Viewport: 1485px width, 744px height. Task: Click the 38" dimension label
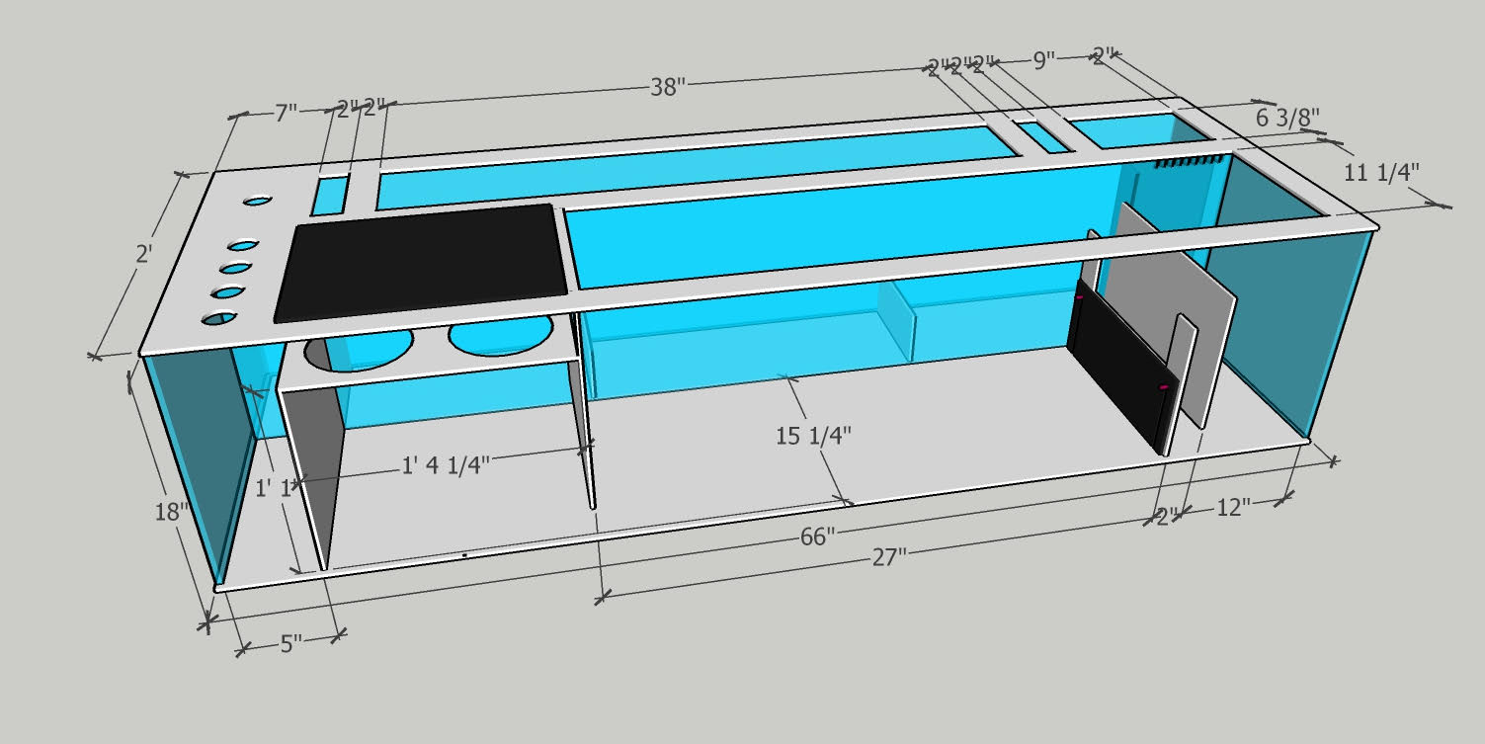pos(668,87)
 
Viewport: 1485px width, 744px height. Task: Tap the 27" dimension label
pos(888,557)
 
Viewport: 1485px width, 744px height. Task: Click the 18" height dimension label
pos(171,512)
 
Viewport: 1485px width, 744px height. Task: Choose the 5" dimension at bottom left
pos(290,644)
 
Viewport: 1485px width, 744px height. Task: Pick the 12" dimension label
pos(1233,507)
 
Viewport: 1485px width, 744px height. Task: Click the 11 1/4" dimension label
pos(1382,170)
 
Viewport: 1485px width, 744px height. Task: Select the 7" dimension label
pos(285,113)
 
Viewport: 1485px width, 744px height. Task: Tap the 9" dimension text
pos(1044,61)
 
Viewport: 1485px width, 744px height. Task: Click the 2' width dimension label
pos(143,254)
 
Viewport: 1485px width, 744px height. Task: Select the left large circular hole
pos(360,348)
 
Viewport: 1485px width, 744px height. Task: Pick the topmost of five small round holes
pos(257,202)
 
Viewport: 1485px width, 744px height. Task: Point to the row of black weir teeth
pos(1191,160)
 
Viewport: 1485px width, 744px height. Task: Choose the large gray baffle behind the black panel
pos(1181,296)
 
